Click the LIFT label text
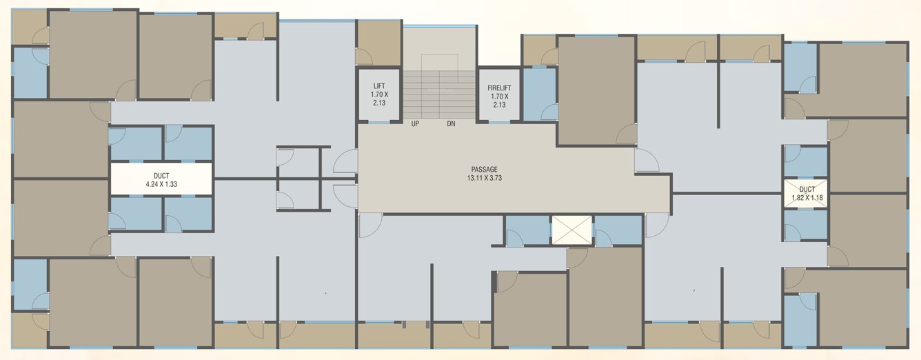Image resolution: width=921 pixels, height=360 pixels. (x=378, y=86)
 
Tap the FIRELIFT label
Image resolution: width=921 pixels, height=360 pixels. (x=498, y=88)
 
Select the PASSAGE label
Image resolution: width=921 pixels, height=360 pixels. (x=484, y=170)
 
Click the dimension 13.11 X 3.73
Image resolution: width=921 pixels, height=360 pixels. (x=484, y=178)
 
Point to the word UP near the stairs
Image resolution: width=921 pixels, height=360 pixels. (x=416, y=125)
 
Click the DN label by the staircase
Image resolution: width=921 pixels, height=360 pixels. (x=451, y=125)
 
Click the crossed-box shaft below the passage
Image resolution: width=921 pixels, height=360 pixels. (x=571, y=230)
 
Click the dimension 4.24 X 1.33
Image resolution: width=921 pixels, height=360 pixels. (x=161, y=184)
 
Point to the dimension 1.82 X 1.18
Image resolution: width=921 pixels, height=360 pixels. (x=807, y=198)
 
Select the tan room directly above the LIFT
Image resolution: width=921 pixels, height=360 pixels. (x=378, y=42)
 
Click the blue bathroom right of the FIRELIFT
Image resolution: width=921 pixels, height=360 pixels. (x=540, y=94)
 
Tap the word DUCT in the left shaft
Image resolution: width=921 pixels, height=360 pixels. (x=161, y=176)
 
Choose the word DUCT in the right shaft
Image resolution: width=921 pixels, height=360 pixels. (x=807, y=189)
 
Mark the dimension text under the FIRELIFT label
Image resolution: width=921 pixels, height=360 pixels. (x=498, y=101)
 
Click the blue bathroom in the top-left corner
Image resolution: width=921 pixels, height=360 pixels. (x=30, y=72)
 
